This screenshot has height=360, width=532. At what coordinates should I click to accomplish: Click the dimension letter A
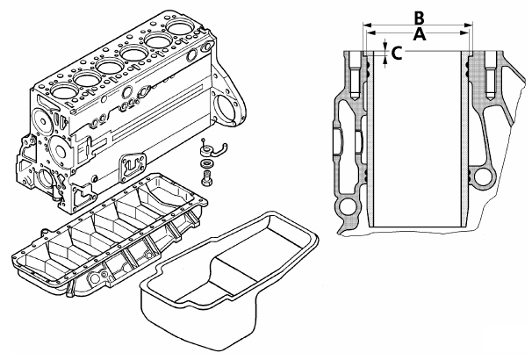[419, 34]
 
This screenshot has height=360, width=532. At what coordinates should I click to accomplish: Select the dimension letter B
[420, 16]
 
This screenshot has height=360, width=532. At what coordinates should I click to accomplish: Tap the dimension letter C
[397, 53]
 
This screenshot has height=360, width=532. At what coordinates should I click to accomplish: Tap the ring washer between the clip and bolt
[206, 164]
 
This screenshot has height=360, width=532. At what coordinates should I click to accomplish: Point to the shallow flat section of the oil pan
[263, 263]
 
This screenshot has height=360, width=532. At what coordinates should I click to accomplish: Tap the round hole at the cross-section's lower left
[349, 208]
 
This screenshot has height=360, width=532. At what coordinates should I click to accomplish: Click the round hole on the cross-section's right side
[484, 179]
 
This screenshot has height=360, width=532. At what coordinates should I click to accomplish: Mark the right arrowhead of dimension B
[471, 25]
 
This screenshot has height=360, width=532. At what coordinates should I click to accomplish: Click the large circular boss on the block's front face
[46, 179]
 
